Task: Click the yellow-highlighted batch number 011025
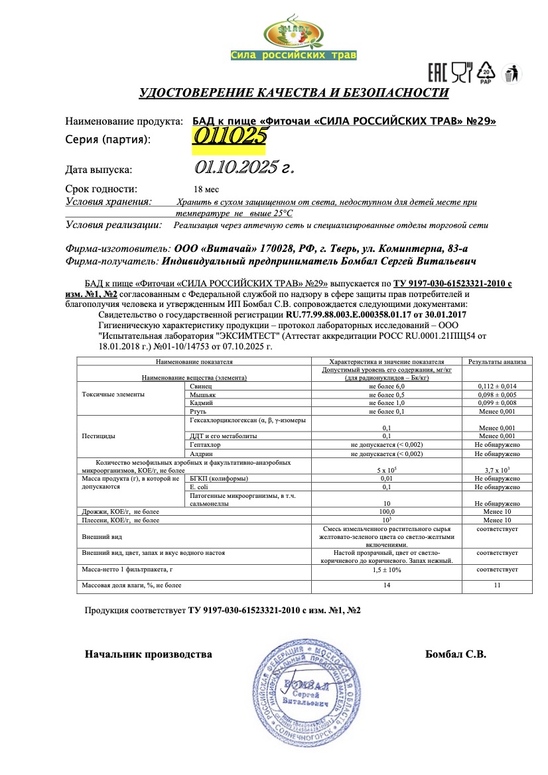[230, 136]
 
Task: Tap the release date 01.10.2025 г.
[244, 167]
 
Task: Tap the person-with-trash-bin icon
[512, 74]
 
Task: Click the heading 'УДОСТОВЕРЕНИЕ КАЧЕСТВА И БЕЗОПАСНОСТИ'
[293, 93]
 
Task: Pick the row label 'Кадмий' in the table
[201, 402]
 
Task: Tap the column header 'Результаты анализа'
[497, 362]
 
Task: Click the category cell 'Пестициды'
[100, 436]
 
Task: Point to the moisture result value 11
[497, 585]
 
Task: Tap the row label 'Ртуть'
[199, 411]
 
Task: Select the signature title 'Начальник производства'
[148, 654]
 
